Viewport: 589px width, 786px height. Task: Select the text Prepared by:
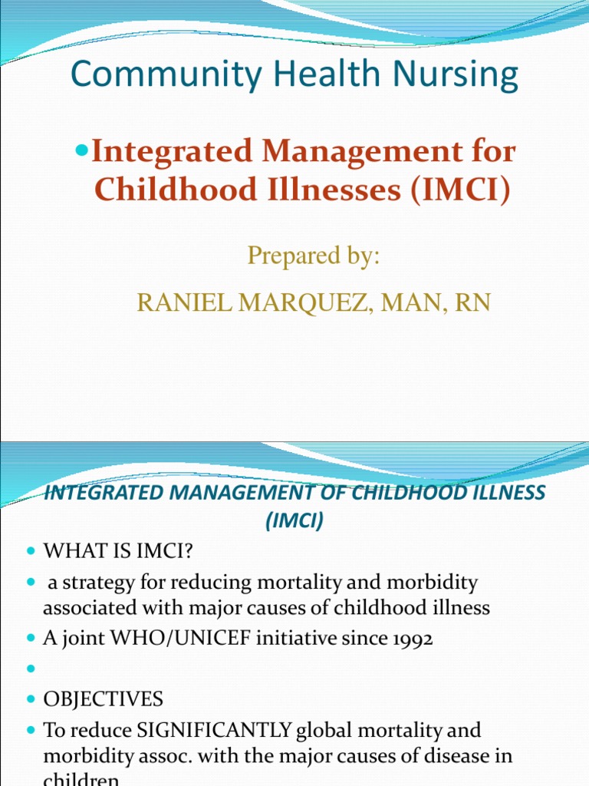coord(314,256)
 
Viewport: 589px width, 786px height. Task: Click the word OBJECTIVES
coord(103,699)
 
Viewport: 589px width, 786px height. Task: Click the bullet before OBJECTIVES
coord(31,700)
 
